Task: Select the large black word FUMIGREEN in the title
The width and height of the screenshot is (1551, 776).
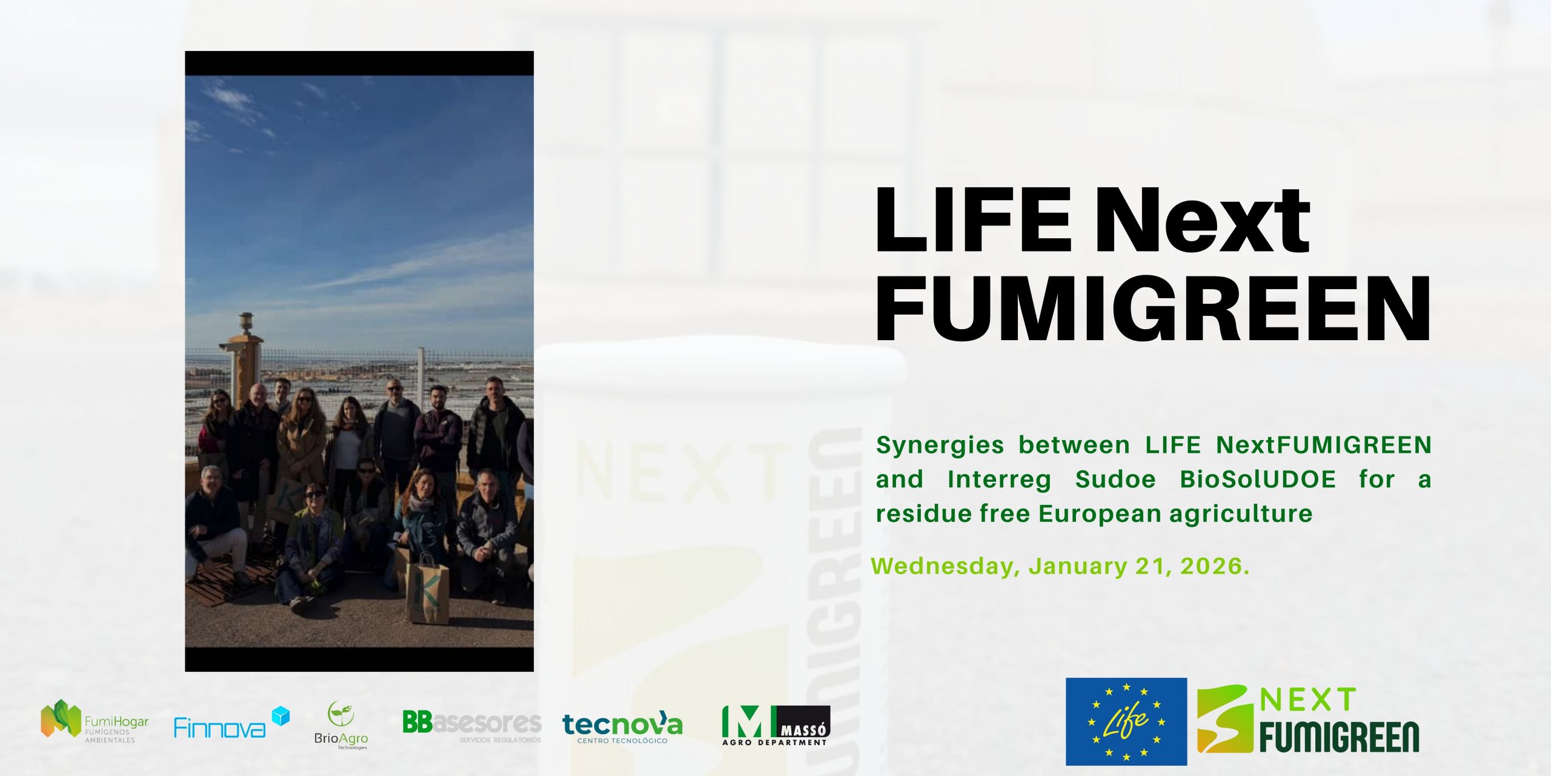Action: [x=1152, y=309]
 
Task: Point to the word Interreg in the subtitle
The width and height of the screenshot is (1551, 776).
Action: [x=999, y=480]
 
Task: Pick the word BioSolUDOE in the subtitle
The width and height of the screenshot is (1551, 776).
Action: [x=1258, y=480]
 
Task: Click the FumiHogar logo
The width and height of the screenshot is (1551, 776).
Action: [x=95, y=721]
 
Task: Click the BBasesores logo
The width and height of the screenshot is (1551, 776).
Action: [x=471, y=724]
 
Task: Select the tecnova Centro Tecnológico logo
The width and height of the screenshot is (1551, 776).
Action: [x=622, y=726]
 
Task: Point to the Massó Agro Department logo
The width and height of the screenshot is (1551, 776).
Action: [x=775, y=725]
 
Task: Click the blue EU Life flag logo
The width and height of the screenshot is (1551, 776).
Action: [x=1126, y=721]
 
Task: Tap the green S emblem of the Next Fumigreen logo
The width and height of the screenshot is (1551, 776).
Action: [x=1225, y=720]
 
